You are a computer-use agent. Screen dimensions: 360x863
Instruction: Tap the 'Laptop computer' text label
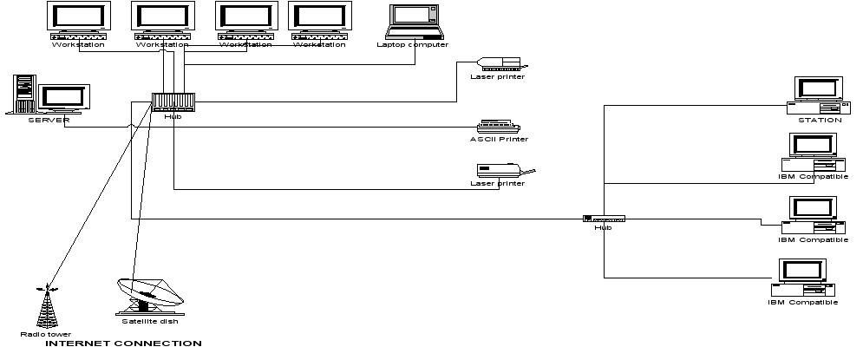pos(412,44)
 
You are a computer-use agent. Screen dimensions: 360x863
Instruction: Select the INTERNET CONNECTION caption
pos(122,344)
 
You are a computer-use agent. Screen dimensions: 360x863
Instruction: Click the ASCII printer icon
pos(498,126)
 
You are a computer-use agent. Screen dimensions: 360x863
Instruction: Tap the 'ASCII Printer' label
pos(499,139)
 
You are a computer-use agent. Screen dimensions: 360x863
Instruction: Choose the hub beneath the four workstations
pos(173,101)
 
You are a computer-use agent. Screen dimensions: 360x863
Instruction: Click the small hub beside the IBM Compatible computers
pos(604,218)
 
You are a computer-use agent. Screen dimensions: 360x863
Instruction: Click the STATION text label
pos(820,120)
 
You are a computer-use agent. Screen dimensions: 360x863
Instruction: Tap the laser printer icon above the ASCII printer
pos(499,63)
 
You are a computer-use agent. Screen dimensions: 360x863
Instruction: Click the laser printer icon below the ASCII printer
pos(503,170)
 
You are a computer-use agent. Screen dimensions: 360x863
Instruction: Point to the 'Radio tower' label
pos(46,334)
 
